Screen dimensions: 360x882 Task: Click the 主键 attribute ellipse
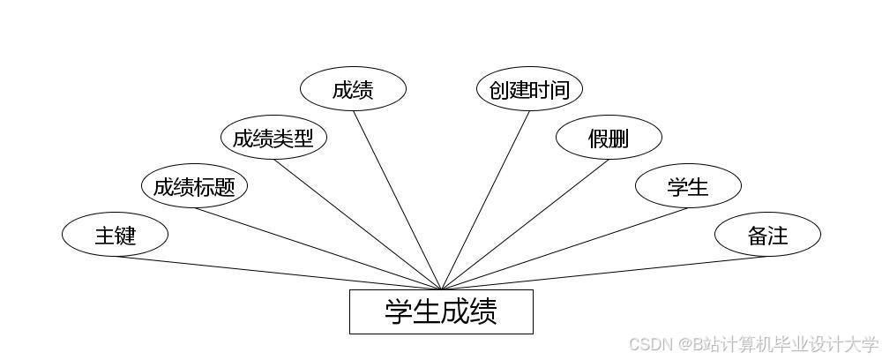click(115, 235)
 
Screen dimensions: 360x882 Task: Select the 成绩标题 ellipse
click(194, 186)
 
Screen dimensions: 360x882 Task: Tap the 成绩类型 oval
click(273, 138)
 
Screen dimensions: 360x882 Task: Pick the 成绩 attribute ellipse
click(353, 89)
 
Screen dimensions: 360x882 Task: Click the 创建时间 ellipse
click(529, 89)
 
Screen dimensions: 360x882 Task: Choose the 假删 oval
click(609, 138)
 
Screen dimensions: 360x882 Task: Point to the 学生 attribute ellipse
click(688, 186)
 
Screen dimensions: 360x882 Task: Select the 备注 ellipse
click(767, 235)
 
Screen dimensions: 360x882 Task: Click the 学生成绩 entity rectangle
click(441, 311)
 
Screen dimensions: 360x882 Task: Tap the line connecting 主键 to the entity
click(278, 273)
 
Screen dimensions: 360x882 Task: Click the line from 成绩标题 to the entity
click(318, 249)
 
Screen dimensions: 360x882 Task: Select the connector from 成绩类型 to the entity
click(357, 224)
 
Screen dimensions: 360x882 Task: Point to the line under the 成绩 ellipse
click(397, 200)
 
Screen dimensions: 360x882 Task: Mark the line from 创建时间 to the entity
click(485, 200)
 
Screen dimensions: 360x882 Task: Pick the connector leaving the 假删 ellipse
click(525, 224)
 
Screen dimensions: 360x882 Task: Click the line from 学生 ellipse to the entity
click(564, 249)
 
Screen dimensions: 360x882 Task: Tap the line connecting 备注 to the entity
click(604, 273)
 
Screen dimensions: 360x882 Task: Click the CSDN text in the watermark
click(651, 344)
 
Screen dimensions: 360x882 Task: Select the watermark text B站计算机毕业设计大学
click(785, 344)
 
